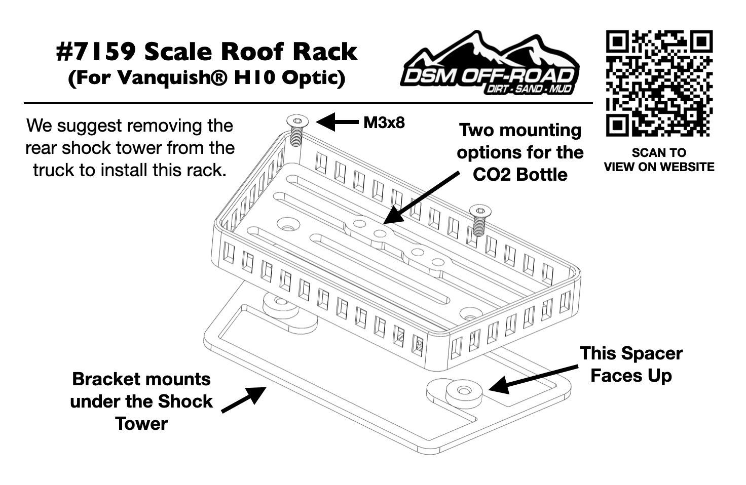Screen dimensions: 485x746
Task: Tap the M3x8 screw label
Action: [384, 123]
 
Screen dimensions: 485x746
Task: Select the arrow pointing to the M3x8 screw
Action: [337, 122]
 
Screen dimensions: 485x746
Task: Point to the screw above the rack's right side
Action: [479, 211]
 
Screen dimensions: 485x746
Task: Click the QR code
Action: [659, 84]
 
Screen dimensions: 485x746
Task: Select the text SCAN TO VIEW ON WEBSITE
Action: [659, 159]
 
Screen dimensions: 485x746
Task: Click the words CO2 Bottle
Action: [520, 175]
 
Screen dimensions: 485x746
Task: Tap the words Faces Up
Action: [631, 376]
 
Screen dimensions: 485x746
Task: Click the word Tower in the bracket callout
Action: [141, 423]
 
